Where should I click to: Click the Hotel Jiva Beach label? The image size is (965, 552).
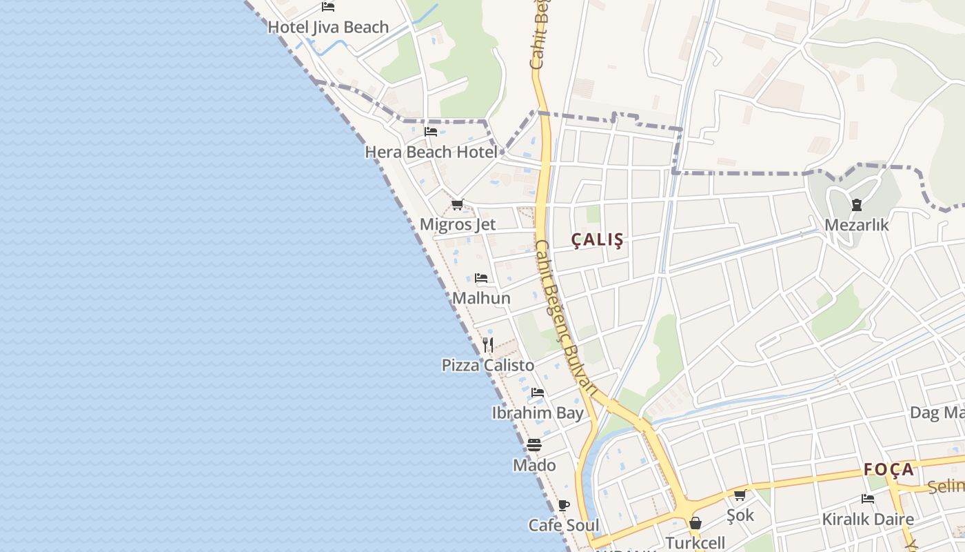click(328, 28)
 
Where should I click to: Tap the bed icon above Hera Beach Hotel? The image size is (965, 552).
click(431, 131)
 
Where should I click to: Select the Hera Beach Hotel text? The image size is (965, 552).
click(431, 152)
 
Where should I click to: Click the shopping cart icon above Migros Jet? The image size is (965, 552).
click(457, 205)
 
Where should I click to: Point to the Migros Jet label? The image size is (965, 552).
click(458, 225)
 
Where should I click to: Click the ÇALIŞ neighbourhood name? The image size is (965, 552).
click(598, 240)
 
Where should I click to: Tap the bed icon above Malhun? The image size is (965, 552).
click(481, 278)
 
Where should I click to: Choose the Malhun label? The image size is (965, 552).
click(481, 298)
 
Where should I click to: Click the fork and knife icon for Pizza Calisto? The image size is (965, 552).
click(488, 344)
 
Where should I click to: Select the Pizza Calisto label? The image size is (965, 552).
click(488, 365)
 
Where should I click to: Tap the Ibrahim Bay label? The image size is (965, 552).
click(538, 413)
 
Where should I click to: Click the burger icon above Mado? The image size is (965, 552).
click(534, 445)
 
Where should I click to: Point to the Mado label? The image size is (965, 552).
click(534, 466)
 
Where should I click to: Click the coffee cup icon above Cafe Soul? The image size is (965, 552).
click(563, 505)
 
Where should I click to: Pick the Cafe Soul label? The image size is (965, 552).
click(564, 525)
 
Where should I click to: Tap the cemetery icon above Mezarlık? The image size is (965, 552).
click(856, 205)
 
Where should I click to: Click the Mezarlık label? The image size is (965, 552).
click(857, 225)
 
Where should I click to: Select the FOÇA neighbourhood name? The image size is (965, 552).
click(889, 470)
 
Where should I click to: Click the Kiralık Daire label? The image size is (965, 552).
click(868, 519)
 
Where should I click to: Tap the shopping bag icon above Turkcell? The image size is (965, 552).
click(695, 523)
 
